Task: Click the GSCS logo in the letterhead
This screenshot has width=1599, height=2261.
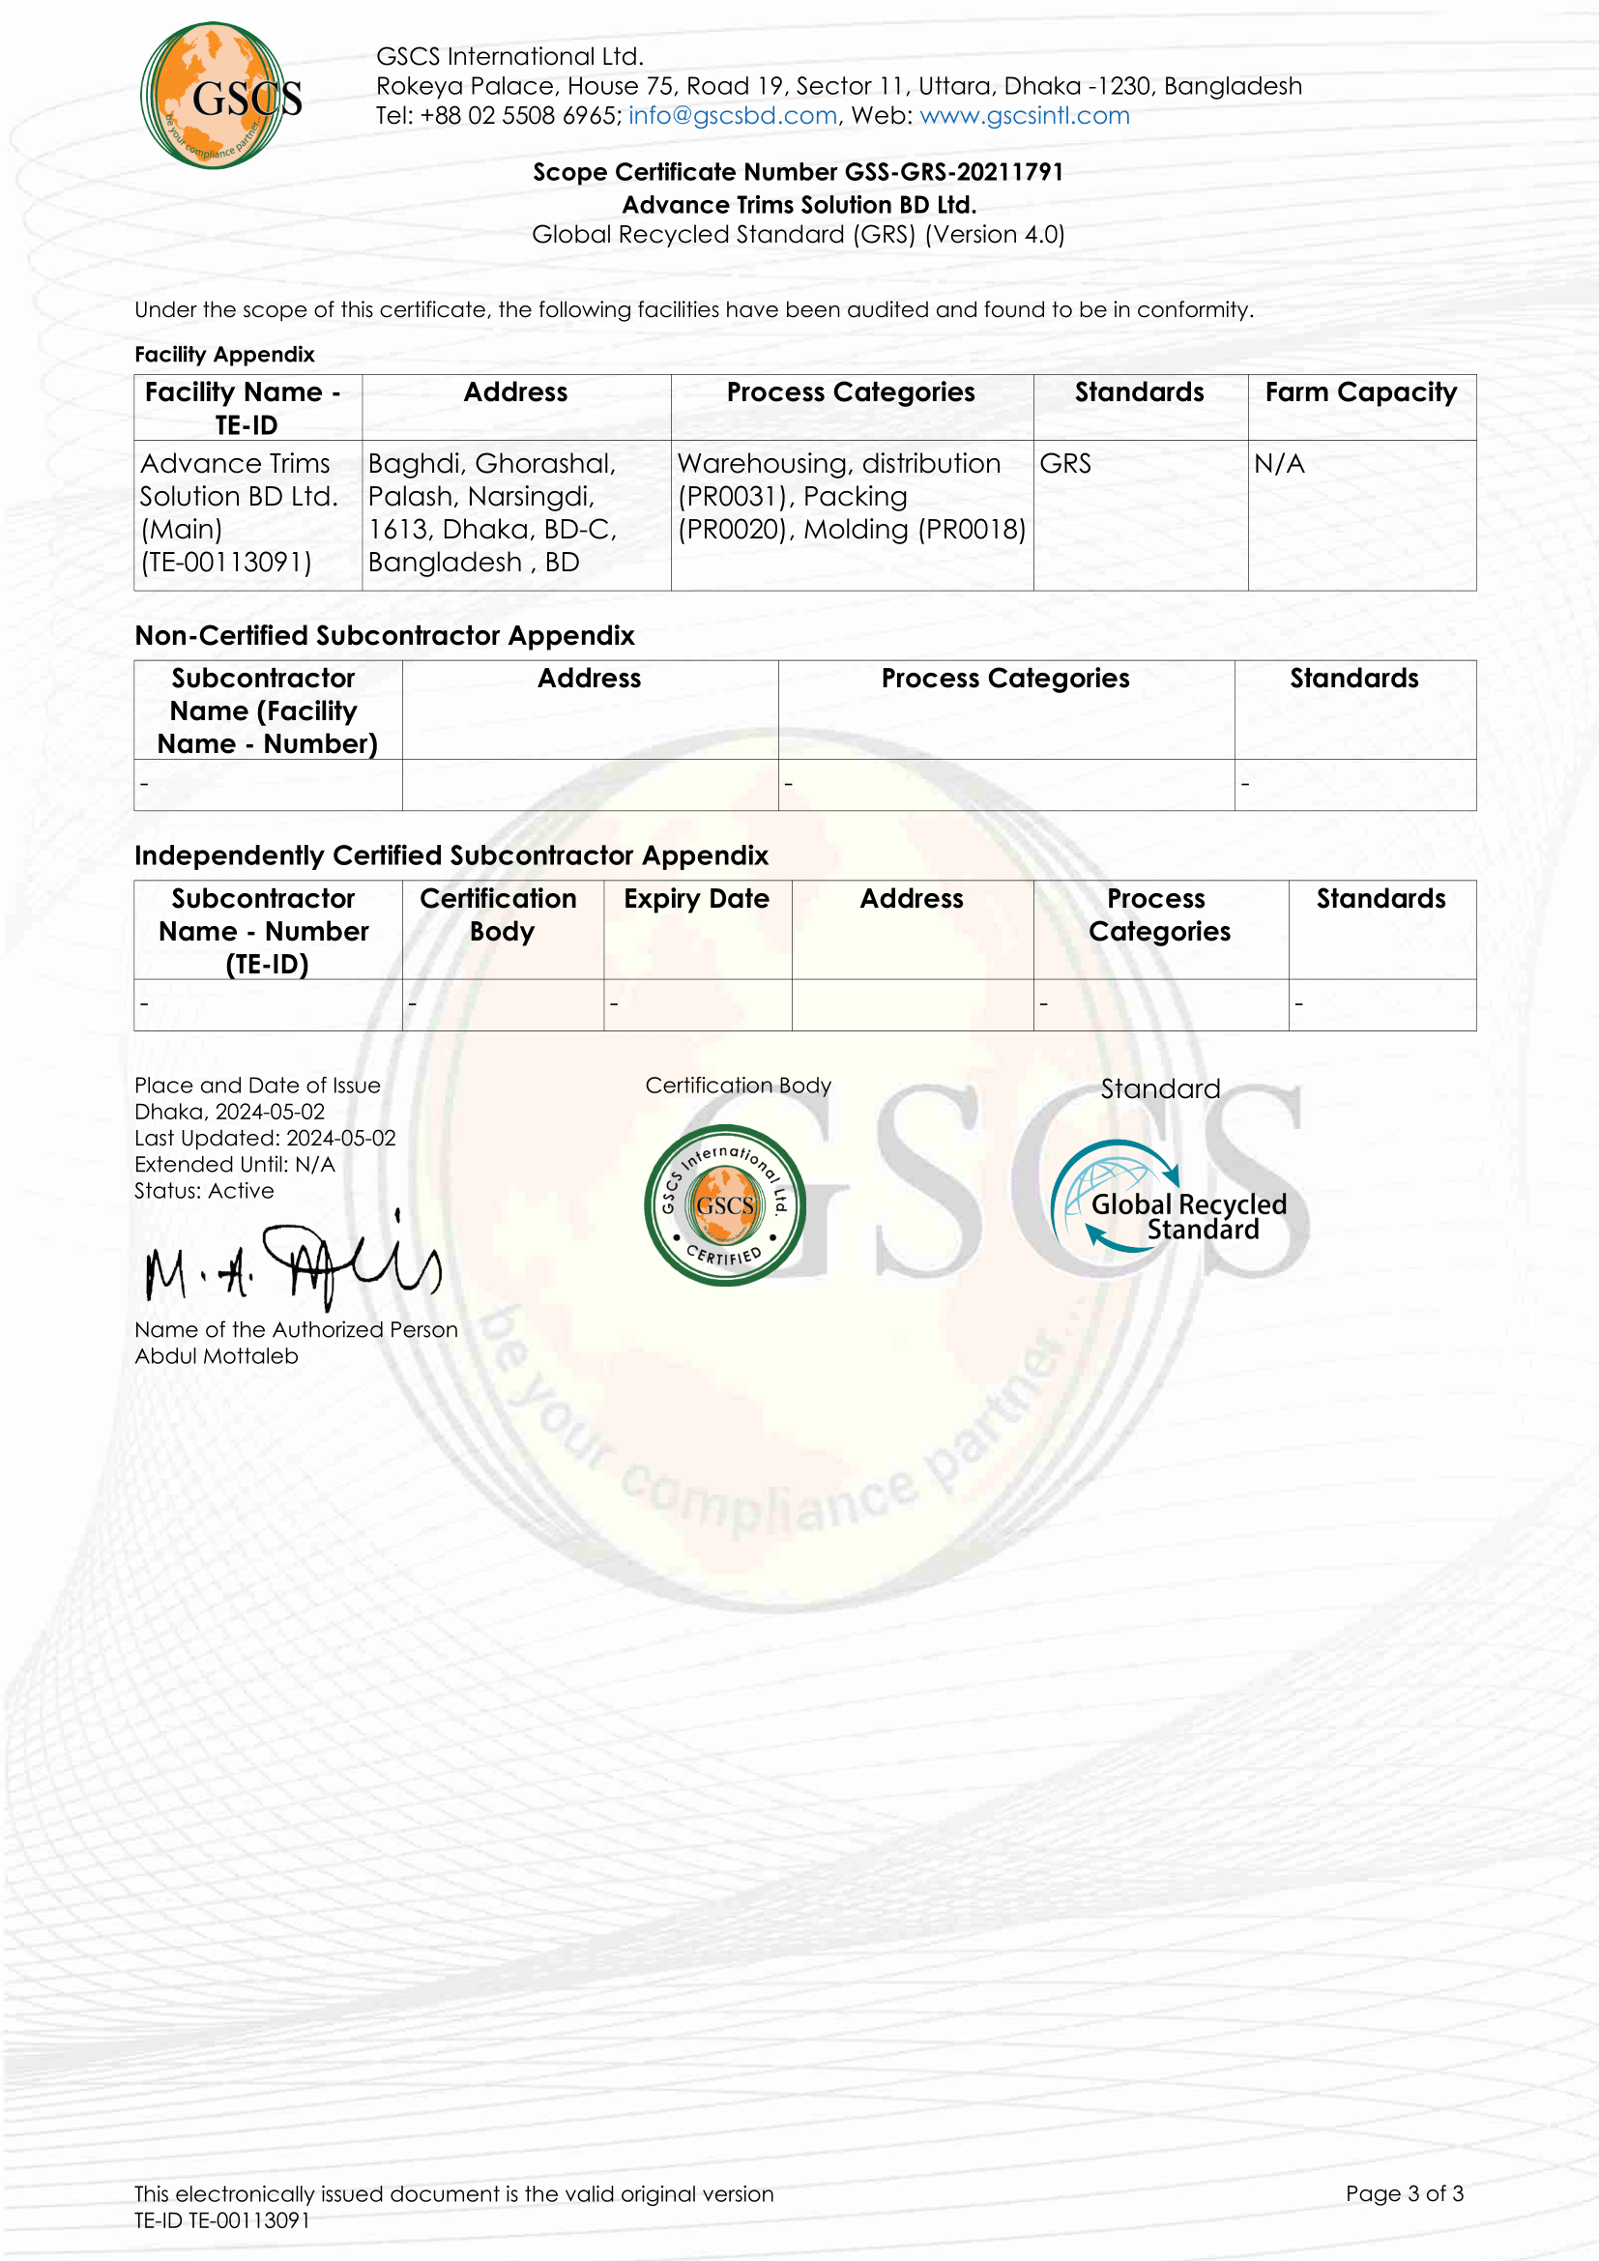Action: pos(219,96)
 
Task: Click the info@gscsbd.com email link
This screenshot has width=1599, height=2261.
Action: pos(733,115)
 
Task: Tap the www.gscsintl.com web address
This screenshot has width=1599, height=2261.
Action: pos(1024,115)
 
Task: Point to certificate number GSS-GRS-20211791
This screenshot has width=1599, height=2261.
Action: pos(953,172)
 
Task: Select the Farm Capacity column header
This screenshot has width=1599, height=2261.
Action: pos(1361,392)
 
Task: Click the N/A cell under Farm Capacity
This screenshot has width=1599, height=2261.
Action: pos(1279,464)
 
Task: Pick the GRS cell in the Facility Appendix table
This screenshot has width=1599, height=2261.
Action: pos(1065,464)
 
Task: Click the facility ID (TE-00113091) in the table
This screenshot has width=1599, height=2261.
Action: pos(225,563)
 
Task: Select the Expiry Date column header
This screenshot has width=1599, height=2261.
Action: pos(696,899)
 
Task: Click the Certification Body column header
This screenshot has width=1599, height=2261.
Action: pos(499,914)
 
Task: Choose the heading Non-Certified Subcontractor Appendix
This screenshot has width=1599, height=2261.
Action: pos(384,636)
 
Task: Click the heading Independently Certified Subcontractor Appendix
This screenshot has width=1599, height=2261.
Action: pos(451,855)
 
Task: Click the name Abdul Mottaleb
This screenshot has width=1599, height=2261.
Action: pos(217,1356)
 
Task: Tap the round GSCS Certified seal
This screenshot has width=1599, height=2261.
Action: pos(725,1205)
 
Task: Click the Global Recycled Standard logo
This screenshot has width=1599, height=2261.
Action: pos(1171,1198)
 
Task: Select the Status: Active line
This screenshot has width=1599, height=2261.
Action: pos(204,1191)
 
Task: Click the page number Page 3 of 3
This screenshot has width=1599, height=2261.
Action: pos(1404,2193)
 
